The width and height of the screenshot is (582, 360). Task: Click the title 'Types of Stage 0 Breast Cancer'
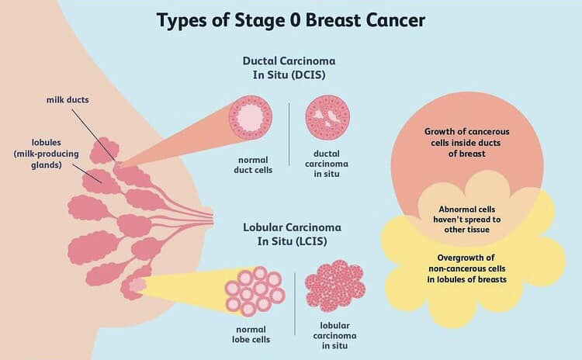pos(291,19)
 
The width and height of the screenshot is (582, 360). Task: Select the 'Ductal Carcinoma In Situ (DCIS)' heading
pos(289,71)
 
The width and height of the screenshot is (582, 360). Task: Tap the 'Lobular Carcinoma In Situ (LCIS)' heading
pos(289,236)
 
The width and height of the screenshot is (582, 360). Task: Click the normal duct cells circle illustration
pos(251,119)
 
